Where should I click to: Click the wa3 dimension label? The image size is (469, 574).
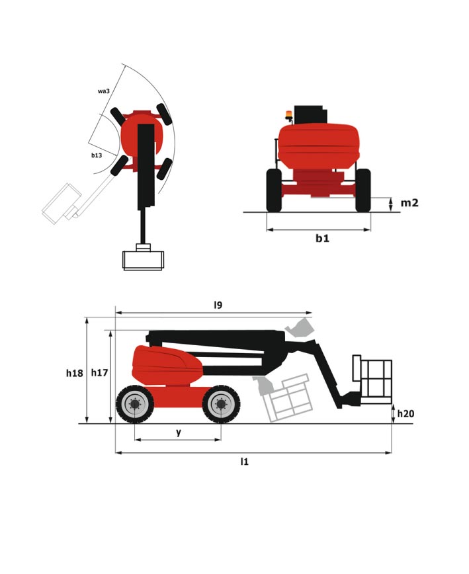click(x=104, y=91)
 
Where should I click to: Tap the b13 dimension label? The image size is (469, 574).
click(x=97, y=155)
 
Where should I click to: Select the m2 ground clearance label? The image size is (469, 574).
click(x=409, y=202)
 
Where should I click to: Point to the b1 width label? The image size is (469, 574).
click(x=323, y=238)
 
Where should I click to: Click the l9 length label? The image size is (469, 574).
click(x=218, y=305)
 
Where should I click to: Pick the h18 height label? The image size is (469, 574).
click(x=74, y=373)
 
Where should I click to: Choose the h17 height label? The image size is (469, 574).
click(x=100, y=373)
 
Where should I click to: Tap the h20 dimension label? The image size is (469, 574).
click(x=405, y=414)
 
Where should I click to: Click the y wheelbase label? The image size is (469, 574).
click(x=179, y=432)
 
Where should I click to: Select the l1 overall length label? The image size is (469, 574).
click(x=244, y=462)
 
